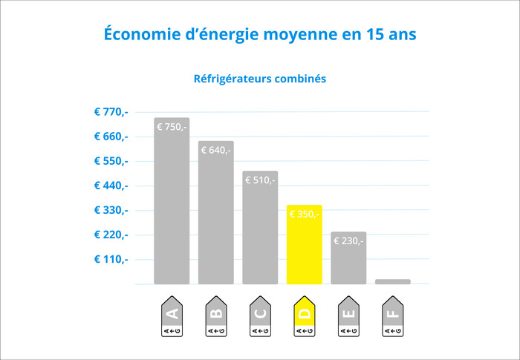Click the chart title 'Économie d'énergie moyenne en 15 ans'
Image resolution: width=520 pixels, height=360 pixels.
coord(260,35)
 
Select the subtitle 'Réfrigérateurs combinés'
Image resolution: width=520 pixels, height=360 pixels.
coord(260,78)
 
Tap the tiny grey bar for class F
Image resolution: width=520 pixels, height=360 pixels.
coord(392,281)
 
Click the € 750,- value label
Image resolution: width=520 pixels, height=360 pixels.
coord(172,127)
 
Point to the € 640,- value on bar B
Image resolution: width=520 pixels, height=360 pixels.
coord(216,150)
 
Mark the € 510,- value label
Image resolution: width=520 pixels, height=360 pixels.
coord(260,180)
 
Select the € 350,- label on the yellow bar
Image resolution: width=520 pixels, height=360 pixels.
coord(304,215)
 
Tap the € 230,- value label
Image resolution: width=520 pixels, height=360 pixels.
coord(348,240)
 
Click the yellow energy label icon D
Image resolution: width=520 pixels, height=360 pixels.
coord(305,318)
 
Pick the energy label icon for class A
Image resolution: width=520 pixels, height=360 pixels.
coord(172,318)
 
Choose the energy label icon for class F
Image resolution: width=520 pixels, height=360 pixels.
coord(393,318)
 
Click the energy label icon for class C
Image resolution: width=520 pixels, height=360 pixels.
coord(260,318)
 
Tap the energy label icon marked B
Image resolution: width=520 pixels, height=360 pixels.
coord(216,318)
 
